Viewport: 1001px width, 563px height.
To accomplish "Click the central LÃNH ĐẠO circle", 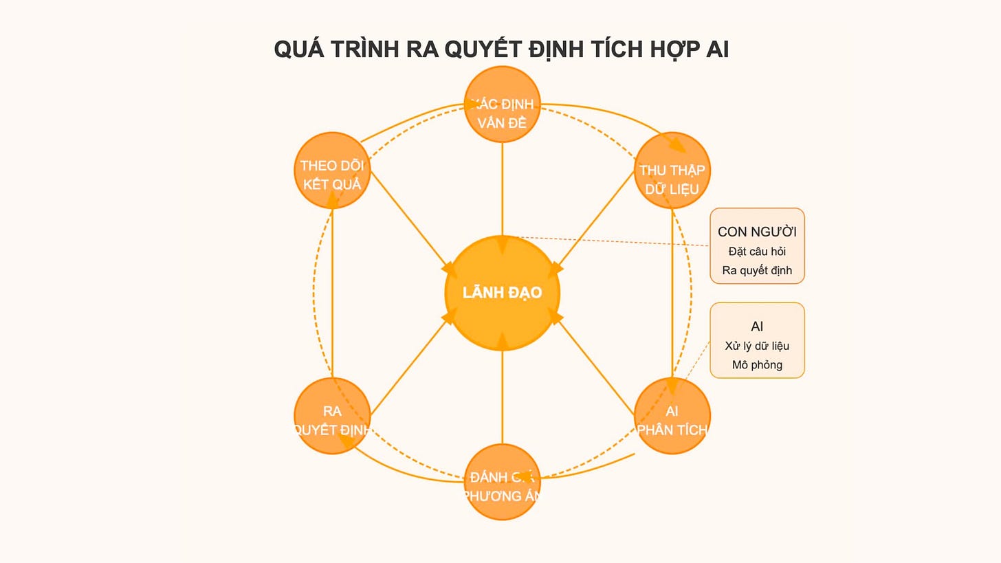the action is pos(503,293).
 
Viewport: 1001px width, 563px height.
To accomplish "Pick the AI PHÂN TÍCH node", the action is pos(672,416).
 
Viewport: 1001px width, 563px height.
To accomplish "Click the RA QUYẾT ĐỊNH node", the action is pos(332,416).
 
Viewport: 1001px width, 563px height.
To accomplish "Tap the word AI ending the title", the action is pos(717,49).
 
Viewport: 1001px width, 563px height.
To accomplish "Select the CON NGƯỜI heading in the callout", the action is pos(757,232).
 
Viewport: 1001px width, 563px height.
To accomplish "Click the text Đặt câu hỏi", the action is pos(757,252).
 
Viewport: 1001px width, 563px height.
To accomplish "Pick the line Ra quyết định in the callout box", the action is pos(757,270).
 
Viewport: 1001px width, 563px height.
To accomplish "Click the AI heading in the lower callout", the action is pos(757,327).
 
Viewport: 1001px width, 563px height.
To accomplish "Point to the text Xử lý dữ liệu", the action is pos(757,346).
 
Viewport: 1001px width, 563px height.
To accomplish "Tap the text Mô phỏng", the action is pos(757,364).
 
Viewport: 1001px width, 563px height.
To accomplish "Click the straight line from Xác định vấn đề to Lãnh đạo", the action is pos(503,186).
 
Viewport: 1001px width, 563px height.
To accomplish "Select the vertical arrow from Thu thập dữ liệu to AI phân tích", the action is pos(672,296).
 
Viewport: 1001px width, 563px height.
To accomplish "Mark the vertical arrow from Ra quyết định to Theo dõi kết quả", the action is pos(332,296).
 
